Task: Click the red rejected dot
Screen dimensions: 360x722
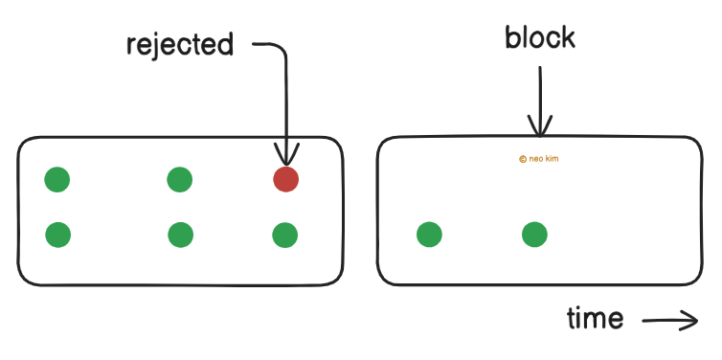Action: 285,179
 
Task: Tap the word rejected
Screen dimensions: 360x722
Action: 180,45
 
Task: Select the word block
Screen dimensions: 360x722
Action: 540,37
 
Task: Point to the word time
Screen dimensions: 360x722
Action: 595,318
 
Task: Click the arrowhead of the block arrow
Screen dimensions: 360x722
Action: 540,128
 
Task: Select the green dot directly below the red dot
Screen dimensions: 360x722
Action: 285,234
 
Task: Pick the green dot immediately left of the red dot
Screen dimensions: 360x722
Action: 179,179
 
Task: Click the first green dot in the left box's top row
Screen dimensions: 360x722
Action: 57,179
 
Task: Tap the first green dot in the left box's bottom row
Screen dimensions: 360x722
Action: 57,234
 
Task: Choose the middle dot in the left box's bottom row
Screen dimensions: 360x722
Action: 180,234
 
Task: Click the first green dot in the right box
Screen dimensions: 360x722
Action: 429,234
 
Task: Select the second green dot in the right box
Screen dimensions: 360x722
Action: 534,234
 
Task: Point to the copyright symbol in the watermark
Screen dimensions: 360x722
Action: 522,160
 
